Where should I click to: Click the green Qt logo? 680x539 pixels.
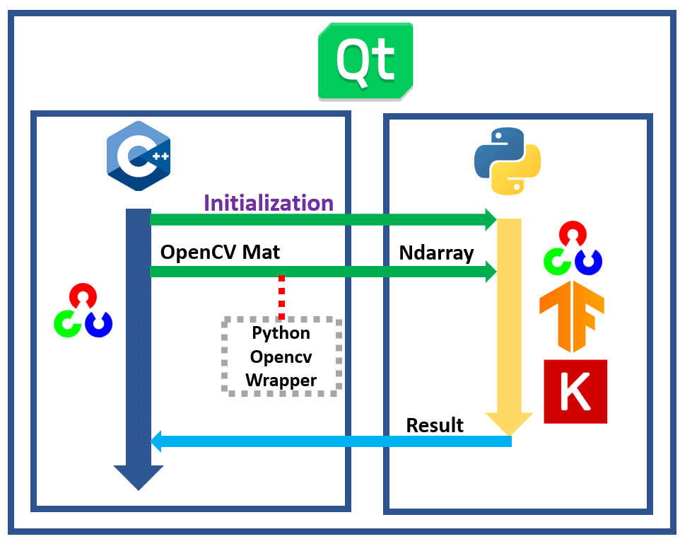tap(365, 61)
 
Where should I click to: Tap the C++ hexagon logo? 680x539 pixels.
tap(138, 156)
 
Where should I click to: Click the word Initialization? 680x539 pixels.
tap(269, 203)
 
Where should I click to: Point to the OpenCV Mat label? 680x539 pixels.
tap(220, 252)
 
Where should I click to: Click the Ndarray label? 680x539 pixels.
tap(436, 253)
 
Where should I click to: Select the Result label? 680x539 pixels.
tap(435, 425)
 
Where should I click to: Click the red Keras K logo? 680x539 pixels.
tap(575, 391)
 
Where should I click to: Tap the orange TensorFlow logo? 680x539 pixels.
tap(571, 317)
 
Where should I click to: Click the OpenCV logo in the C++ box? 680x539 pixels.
tap(83, 311)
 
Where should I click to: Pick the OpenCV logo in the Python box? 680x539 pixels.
tap(572, 249)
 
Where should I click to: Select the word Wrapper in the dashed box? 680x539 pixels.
tap(281, 381)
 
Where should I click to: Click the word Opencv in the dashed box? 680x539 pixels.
tap(281, 357)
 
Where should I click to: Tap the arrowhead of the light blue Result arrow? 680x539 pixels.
tap(157, 442)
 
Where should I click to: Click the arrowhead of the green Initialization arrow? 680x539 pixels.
tap(491, 219)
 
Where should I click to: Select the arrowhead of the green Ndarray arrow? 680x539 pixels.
tap(491, 271)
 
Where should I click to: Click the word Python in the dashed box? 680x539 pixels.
tap(281, 332)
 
